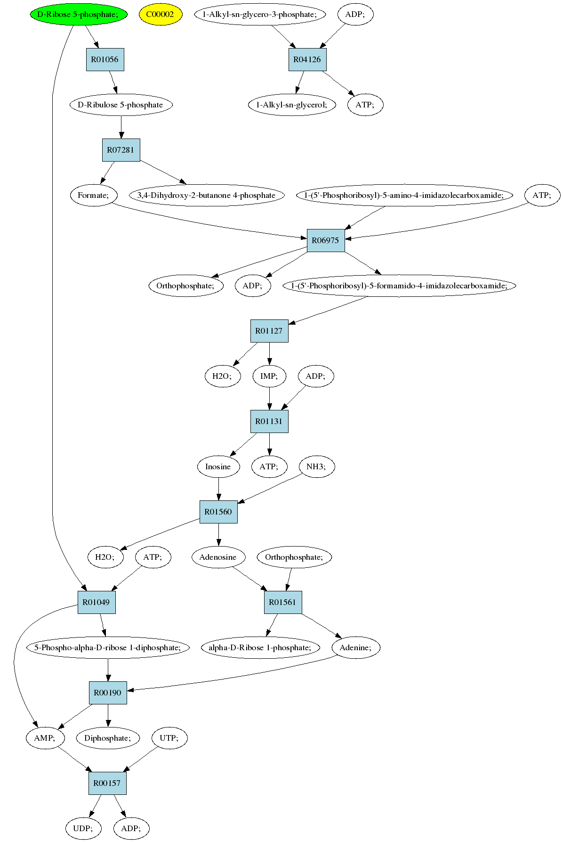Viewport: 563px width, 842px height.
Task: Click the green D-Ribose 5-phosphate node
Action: tap(79, 14)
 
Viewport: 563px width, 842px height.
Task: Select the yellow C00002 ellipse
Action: tap(160, 14)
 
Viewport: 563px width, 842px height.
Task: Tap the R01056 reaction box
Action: tap(105, 59)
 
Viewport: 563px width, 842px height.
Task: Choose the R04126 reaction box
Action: tap(307, 59)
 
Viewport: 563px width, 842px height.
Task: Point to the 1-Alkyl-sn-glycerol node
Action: tap(292, 105)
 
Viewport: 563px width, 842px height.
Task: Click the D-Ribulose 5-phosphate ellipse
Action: tap(121, 105)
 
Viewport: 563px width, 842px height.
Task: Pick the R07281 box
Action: tap(121, 150)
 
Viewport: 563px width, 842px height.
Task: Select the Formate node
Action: tap(93, 195)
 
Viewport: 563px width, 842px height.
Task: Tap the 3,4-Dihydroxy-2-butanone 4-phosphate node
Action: tap(207, 195)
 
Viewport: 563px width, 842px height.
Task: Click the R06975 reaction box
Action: tap(326, 240)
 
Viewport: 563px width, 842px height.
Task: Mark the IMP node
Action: tap(269, 376)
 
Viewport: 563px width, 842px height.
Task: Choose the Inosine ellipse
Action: tap(218, 466)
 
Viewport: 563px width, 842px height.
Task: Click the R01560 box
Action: tap(218, 512)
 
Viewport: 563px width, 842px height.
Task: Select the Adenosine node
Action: tap(218, 557)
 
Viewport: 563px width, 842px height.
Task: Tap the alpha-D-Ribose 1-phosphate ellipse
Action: tap(260, 647)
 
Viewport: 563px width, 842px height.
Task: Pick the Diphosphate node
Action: tap(108, 738)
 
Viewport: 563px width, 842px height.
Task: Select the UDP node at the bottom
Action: tap(83, 828)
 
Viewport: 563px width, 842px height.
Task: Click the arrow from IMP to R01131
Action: tap(269, 399)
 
